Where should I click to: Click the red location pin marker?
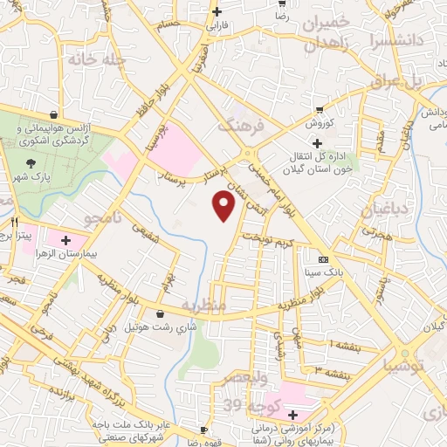click(x=224, y=205)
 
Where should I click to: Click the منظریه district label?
click(x=204, y=305)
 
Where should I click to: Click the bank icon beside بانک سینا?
click(x=324, y=260)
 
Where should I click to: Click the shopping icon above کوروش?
click(x=319, y=110)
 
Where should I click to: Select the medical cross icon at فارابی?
click(x=217, y=11)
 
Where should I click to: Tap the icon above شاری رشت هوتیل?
click(x=159, y=314)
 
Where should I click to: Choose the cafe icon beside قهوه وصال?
click(x=203, y=430)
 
